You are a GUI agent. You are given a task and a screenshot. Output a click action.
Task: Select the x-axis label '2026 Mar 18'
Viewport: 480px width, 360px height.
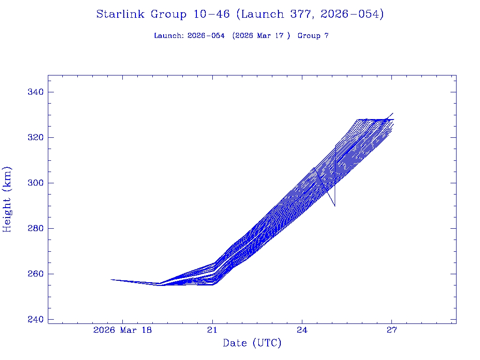[122, 330]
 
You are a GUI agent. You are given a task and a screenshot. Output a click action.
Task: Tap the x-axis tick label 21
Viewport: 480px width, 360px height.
[213, 330]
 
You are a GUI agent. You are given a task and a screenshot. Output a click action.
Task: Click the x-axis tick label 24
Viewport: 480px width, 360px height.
[302, 330]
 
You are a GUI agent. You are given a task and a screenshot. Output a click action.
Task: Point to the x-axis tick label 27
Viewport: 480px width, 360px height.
[392, 330]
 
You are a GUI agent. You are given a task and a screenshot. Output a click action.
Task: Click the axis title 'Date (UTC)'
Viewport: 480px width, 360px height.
[252, 344]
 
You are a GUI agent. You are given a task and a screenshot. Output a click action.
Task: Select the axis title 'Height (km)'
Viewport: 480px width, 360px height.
[7, 199]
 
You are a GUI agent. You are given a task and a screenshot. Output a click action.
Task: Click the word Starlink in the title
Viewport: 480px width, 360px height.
[120, 15]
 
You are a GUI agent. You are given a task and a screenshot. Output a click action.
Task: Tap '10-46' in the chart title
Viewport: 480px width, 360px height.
[211, 15]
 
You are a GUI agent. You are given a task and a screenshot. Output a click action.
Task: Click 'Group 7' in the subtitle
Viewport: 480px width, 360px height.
[313, 36]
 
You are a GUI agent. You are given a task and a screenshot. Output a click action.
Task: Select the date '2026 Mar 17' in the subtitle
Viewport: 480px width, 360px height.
[260, 36]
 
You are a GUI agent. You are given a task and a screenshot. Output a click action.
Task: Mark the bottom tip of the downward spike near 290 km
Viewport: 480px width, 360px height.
[335, 206]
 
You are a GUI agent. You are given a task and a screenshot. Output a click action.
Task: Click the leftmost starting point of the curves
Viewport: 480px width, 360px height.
[111, 279]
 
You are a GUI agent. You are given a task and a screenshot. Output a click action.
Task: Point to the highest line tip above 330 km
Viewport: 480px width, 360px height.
[393, 113]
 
